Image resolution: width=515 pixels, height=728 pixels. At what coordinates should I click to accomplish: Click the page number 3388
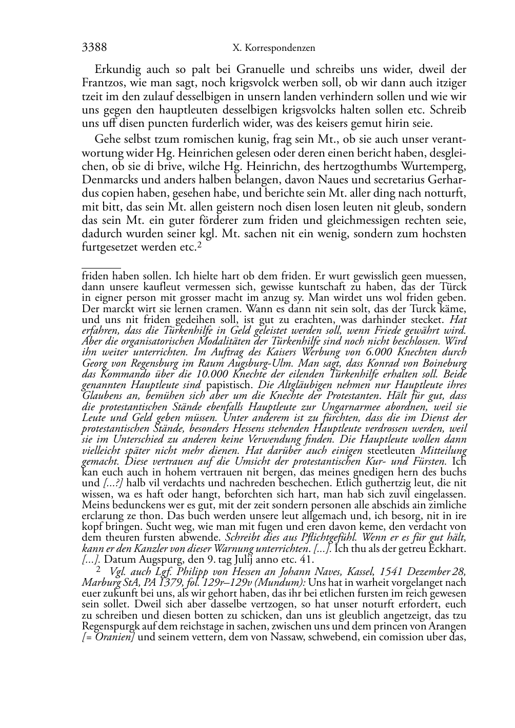(94, 48)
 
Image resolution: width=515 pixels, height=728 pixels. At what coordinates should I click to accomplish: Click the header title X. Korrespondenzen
(273, 49)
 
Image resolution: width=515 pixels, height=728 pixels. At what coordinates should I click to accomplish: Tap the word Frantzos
(103, 83)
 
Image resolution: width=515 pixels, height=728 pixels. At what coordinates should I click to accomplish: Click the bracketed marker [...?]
(114, 484)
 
